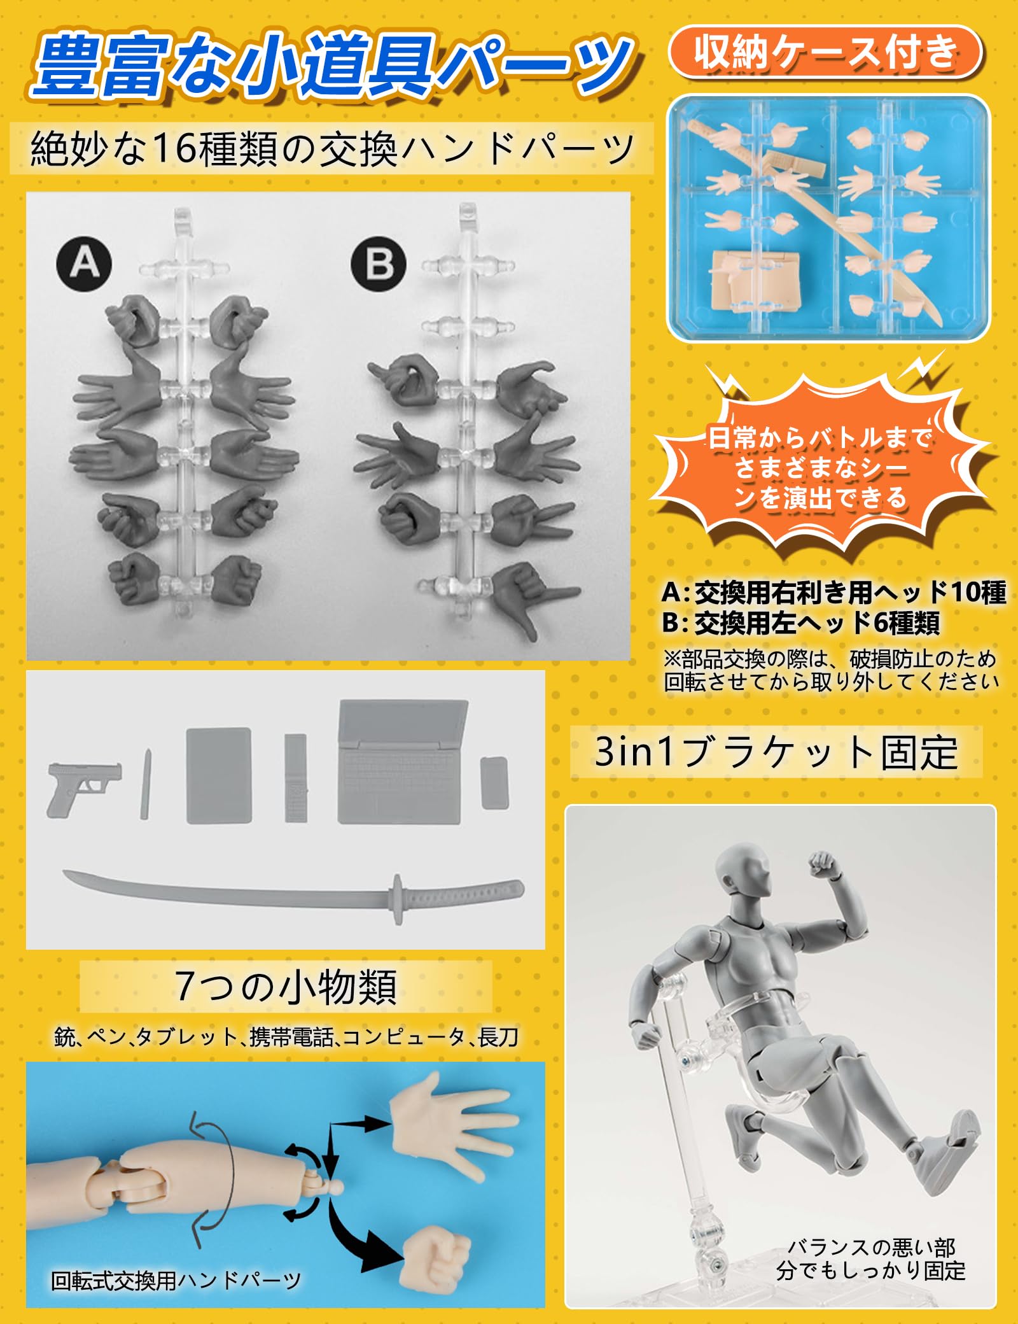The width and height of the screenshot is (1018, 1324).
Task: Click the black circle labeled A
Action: click(x=84, y=263)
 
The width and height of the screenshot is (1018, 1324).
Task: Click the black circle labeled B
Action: click(x=379, y=264)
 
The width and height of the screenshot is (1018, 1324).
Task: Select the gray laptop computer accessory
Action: click(x=402, y=763)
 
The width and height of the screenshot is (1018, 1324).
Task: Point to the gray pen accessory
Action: click(x=146, y=784)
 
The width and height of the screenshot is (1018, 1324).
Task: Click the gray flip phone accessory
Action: click(x=295, y=777)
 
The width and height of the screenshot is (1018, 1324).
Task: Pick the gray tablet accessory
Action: click(x=219, y=775)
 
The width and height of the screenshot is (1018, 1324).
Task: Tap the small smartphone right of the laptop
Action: click(x=494, y=782)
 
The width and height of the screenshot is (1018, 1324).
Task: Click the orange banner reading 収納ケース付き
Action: click(x=825, y=53)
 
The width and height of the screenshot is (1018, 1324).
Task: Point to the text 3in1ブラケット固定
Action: click(x=776, y=752)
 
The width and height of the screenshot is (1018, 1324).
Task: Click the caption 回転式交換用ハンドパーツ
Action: click(x=176, y=1280)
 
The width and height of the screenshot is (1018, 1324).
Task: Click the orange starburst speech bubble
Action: click(x=821, y=468)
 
